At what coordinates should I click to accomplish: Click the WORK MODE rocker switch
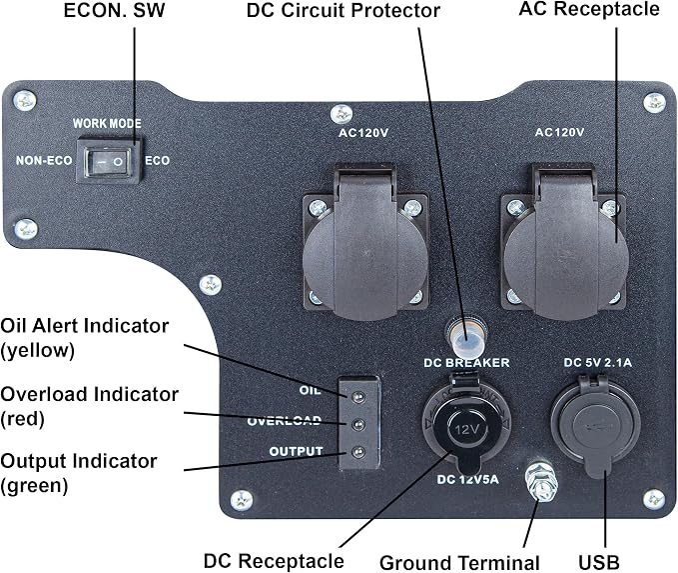click(x=108, y=162)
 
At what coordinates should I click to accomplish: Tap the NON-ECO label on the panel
click(x=44, y=161)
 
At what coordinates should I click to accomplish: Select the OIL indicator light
click(x=358, y=397)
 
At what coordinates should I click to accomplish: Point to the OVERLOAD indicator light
click(x=358, y=424)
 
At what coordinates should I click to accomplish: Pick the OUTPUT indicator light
click(x=358, y=452)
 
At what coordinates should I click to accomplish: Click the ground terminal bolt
click(x=540, y=481)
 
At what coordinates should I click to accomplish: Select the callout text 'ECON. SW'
click(x=114, y=10)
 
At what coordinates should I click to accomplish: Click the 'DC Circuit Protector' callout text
click(x=343, y=10)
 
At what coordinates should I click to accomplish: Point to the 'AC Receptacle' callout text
click(x=589, y=9)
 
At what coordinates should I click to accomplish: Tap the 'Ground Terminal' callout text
click(x=459, y=563)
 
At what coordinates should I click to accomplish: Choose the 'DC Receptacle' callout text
click(x=274, y=561)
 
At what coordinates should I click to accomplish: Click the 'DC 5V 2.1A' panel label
click(x=597, y=363)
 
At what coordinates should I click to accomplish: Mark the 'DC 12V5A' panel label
click(x=468, y=479)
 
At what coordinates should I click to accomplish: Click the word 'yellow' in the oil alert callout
click(x=37, y=350)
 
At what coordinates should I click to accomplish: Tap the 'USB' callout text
click(x=599, y=563)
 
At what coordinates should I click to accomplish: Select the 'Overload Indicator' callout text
click(x=90, y=395)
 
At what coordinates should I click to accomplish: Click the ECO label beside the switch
click(x=157, y=161)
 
